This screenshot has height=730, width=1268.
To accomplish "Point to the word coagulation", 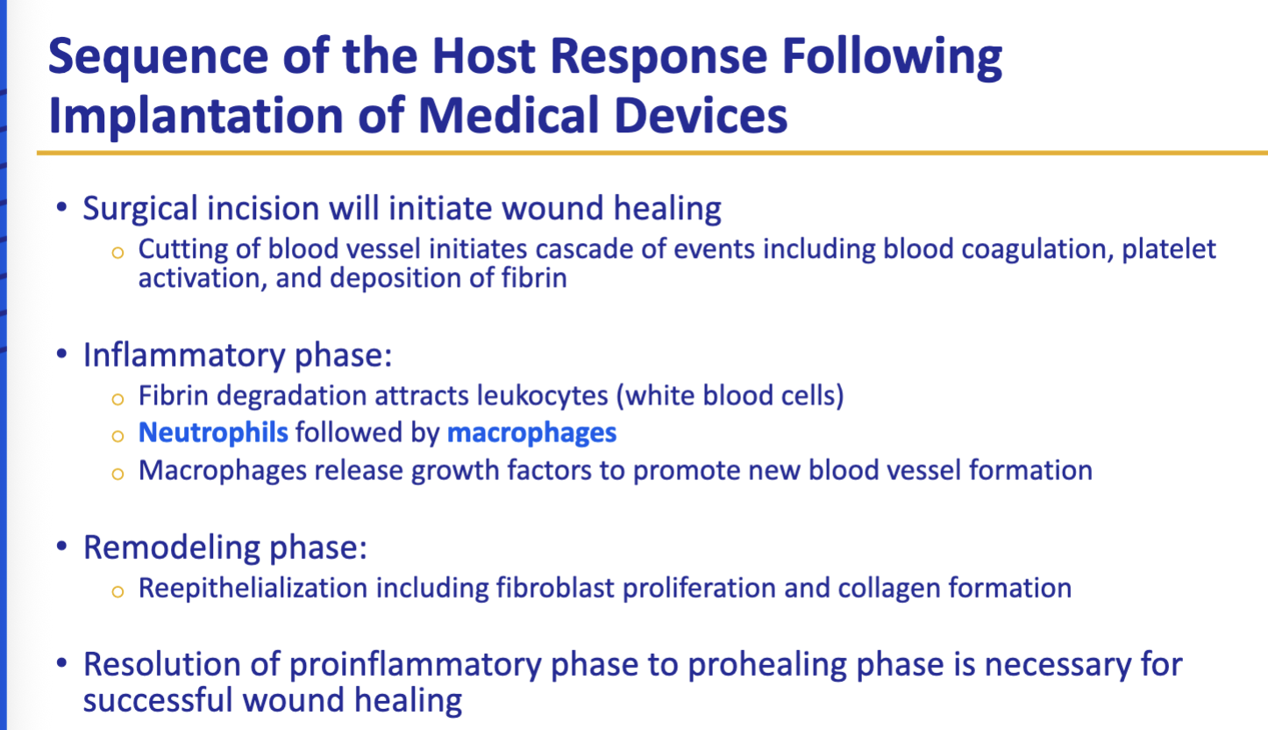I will point(1021,250).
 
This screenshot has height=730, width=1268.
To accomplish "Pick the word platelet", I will point(1175,250).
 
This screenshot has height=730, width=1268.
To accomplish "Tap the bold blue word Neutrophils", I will point(213,433).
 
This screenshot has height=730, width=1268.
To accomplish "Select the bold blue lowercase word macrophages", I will point(531,433).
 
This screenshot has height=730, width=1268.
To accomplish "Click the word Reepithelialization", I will point(253,587).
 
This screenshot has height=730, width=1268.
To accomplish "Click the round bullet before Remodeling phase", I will point(61,547).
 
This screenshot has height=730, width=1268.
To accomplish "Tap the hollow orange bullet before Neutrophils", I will point(118,434).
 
